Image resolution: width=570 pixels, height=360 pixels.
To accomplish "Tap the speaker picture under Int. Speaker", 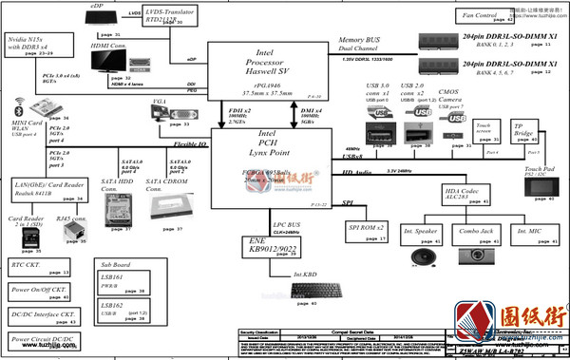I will tap(421, 257).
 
